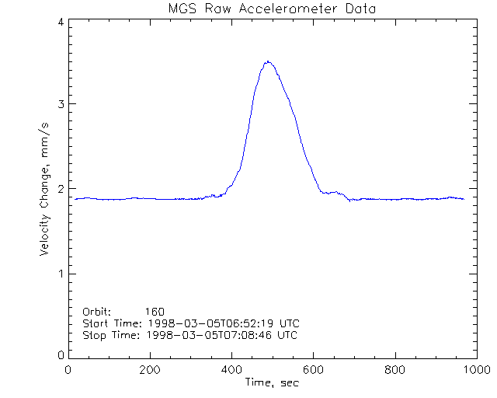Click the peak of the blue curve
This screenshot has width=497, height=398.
tap(268, 61)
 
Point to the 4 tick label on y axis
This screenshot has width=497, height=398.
tap(60, 22)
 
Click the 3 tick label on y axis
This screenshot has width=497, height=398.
tap(60, 105)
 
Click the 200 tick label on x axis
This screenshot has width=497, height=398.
tap(150, 371)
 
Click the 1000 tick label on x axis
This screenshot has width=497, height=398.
tap(476, 371)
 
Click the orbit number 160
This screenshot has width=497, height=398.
tap(165, 311)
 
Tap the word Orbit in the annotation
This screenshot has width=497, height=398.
tap(96, 311)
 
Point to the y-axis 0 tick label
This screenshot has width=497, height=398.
tap(60, 355)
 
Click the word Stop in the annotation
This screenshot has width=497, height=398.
tap(94, 334)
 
